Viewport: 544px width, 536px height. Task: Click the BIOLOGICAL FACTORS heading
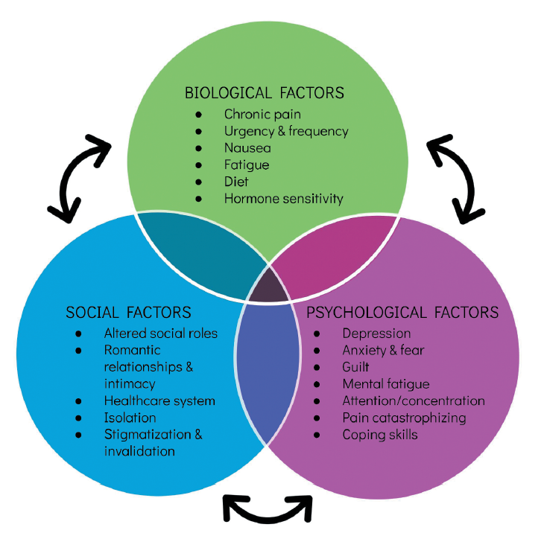click(x=265, y=93)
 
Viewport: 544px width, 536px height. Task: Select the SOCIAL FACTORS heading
click(x=128, y=312)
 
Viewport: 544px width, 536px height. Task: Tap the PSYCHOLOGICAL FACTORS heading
click(x=402, y=312)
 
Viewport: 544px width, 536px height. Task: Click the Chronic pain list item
click(x=262, y=115)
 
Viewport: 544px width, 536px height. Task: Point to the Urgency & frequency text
click(x=286, y=131)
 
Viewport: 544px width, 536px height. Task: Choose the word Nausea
click(x=247, y=148)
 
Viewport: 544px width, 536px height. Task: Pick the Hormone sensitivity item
click(x=283, y=198)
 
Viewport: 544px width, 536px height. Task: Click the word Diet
click(x=236, y=182)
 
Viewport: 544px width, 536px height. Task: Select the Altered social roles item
click(x=160, y=333)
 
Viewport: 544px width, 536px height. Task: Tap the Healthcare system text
click(x=159, y=401)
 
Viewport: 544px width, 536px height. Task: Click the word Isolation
click(x=130, y=418)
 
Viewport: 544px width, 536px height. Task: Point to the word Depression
click(x=376, y=333)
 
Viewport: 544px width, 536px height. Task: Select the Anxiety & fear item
click(x=383, y=350)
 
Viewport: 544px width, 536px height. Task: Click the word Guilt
click(x=356, y=367)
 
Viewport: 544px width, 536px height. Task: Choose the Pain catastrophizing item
click(x=404, y=418)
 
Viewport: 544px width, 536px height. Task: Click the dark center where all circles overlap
click(x=268, y=287)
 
